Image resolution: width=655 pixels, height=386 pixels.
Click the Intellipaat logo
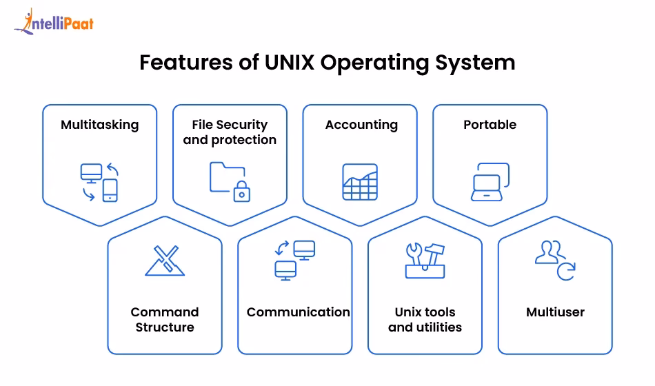[53, 22]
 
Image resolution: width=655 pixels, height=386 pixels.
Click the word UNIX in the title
[290, 63]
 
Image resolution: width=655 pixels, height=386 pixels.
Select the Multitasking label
[99, 125]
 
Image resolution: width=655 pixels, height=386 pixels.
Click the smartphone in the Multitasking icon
[110, 190]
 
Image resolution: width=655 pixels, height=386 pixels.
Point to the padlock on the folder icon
[241, 192]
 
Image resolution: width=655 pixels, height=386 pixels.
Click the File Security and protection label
[230, 132]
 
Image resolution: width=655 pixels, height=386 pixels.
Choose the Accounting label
[361, 125]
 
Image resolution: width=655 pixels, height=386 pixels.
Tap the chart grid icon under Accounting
[360, 183]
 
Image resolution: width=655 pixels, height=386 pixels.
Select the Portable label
[490, 125]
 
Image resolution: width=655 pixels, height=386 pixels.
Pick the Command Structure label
[165, 320]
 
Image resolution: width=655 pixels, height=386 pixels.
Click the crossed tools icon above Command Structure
[165, 261]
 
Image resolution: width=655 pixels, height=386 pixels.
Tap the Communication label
[298, 312]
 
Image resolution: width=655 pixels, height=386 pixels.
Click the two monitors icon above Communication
[294, 260]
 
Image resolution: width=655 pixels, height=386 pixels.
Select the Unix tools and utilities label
[425, 320]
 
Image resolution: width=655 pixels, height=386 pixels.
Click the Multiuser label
[555, 312]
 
